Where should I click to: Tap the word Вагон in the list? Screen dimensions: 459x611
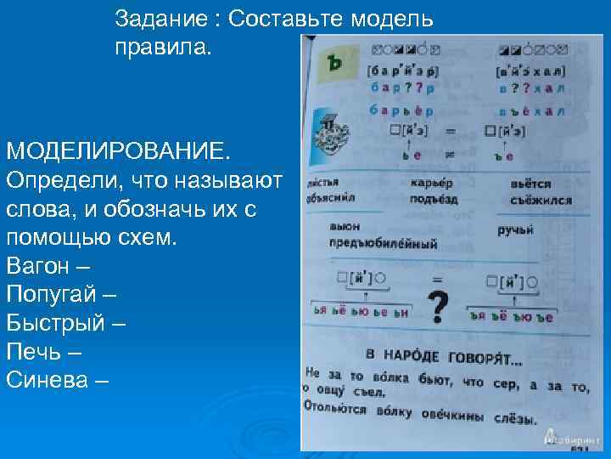pyautogui.click(x=38, y=265)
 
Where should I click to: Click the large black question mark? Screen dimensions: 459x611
pyautogui.click(x=439, y=307)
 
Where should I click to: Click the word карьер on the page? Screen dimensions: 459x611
pyautogui.click(x=431, y=184)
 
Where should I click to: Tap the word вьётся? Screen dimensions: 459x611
pyautogui.click(x=530, y=184)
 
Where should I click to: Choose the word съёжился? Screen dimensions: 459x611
pyautogui.click(x=541, y=201)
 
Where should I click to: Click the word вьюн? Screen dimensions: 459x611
pyautogui.click(x=345, y=228)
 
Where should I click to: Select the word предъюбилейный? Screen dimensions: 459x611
pyautogui.click(x=384, y=244)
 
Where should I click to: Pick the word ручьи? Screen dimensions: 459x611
pyautogui.click(x=515, y=229)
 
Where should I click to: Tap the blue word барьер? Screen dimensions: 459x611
pyautogui.click(x=401, y=110)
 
